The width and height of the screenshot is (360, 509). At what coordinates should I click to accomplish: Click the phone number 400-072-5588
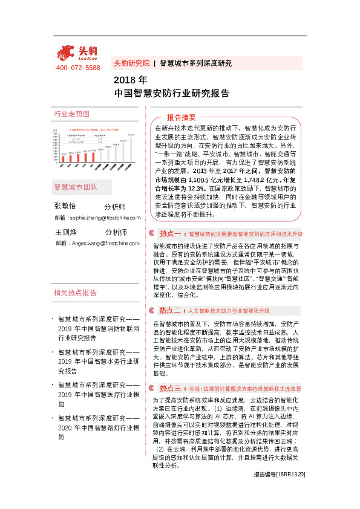pos(78,68)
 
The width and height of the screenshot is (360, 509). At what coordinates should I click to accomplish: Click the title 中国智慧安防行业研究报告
pos(172,93)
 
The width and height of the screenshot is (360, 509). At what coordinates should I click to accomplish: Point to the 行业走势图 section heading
pos(72,114)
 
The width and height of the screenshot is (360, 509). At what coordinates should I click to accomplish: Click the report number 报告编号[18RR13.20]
pos(279,492)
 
